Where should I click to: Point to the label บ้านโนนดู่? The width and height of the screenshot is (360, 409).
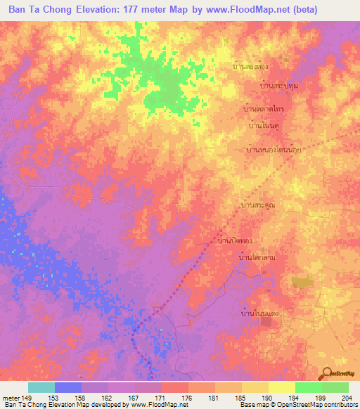coord(264,127)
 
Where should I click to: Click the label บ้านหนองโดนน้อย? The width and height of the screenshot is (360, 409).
coord(274,150)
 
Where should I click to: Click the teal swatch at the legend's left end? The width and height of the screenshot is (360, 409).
coord(41,388)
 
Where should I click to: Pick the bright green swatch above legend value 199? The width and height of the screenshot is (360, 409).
coord(308,388)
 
